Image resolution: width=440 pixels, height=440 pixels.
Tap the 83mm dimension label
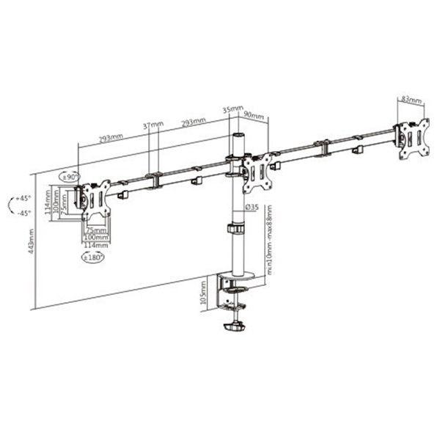coord(411,99)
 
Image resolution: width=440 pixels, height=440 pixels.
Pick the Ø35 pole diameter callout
coord(252,207)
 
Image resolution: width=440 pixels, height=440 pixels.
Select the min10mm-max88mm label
coord(270,238)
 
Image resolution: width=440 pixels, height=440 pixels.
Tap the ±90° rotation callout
coord(70,177)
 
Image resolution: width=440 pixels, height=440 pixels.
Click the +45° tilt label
coord(23,199)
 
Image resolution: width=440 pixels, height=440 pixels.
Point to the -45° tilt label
coord(23,213)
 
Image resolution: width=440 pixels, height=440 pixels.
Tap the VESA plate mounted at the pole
coord(256,169)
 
